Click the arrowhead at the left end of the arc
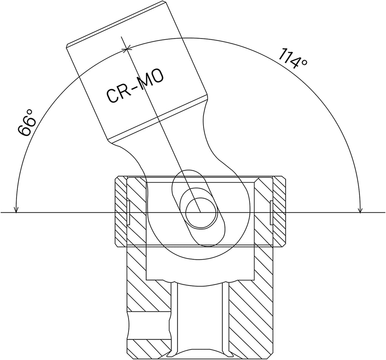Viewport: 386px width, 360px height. [16, 209]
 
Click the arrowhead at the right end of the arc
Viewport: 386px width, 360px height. [360, 209]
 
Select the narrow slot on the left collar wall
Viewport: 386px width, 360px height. [128, 212]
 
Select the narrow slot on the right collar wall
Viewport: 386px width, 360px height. [271, 212]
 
